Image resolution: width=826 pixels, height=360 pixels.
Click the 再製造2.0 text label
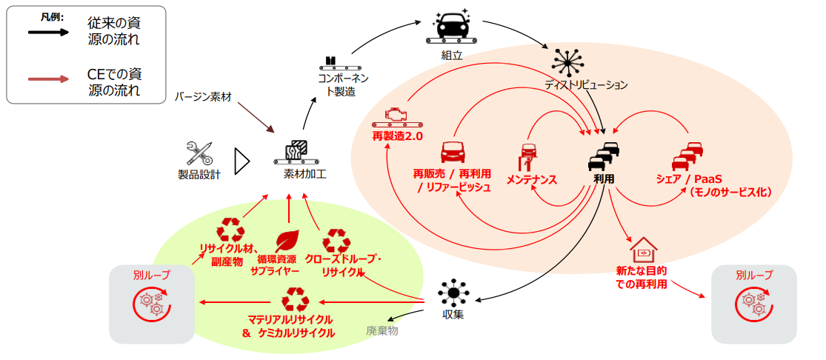[x=397, y=137]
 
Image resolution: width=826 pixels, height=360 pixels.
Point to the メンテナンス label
[x=531, y=180]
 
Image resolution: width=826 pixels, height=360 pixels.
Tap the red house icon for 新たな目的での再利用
[x=642, y=250]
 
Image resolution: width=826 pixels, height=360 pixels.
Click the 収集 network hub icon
[x=453, y=293]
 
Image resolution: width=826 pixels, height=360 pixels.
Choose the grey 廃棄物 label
[x=382, y=330]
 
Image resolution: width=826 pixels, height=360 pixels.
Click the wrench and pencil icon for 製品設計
[x=199, y=153]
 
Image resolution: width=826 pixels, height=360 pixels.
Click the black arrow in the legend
[x=47, y=32]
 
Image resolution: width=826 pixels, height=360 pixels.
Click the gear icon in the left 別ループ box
[x=151, y=303]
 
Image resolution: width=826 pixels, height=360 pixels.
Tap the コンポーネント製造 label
[x=342, y=84]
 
